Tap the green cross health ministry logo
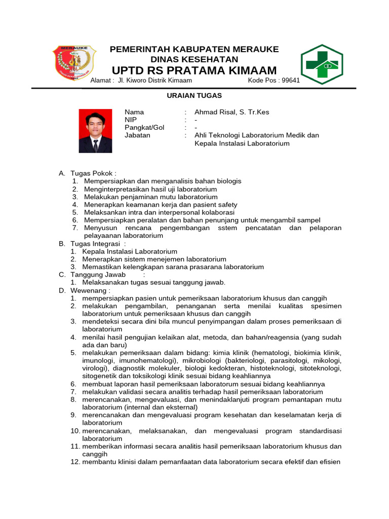click(x=322, y=64)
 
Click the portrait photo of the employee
click(x=95, y=131)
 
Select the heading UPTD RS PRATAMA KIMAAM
click(x=194, y=70)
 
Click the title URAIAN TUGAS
click(x=194, y=95)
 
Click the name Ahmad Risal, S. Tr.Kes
click(x=232, y=112)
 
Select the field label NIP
click(x=131, y=120)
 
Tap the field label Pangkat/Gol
click(x=144, y=128)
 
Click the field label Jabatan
click(x=137, y=135)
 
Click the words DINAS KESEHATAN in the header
click(x=194, y=59)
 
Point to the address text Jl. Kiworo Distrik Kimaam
click(x=154, y=81)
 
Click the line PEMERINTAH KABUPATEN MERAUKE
click(x=194, y=49)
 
